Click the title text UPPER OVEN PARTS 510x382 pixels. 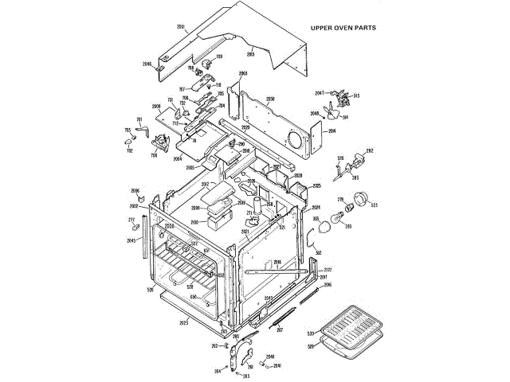tap(343, 27)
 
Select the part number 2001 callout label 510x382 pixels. tap(181, 29)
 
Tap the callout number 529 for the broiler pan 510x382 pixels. tap(311, 346)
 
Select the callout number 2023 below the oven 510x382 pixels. tap(184, 323)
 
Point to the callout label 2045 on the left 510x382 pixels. tap(131, 240)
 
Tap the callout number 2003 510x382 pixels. tap(243, 73)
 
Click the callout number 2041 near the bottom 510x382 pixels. tap(277, 366)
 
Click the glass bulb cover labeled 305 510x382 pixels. tap(324, 228)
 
